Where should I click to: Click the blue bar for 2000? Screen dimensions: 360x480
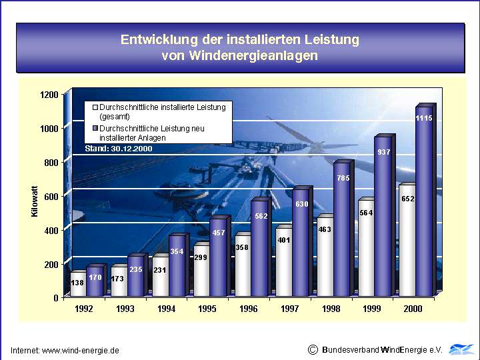pyautogui.click(x=423, y=207)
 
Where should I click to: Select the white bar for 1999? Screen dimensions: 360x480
pyautogui.click(x=366, y=250)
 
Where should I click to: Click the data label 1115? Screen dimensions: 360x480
pyautogui.click(x=424, y=118)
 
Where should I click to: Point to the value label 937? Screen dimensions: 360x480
pyautogui.click(x=383, y=153)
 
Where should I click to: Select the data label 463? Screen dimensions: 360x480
pyautogui.click(x=325, y=229)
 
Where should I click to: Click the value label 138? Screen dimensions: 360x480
pyautogui.click(x=78, y=283)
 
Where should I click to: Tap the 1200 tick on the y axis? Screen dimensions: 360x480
pyautogui.click(x=49, y=94)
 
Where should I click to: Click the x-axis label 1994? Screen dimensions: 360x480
pyautogui.click(x=166, y=309)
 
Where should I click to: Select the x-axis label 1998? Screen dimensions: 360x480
pyautogui.click(x=331, y=309)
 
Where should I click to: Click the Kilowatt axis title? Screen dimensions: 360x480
pyautogui.click(x=35, y=201)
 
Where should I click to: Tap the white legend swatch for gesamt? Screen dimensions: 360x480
pyautogui.click(x=95, y=107)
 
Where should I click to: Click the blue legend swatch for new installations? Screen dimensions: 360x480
pyautogui.click(x=95, y=128)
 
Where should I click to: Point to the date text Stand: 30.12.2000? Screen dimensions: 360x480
pyautogui.click(x=119, y=149)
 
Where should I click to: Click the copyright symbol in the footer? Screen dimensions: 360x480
pyautogui.click(x=313, y=349)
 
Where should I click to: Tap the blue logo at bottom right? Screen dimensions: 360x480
pyautogui.click(x=461, y=349)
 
